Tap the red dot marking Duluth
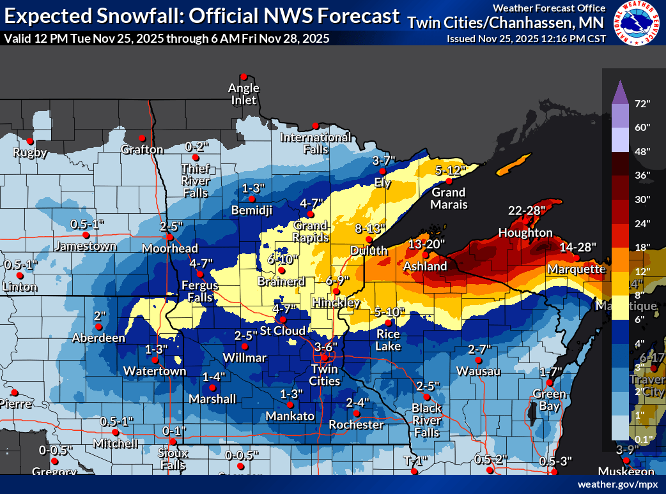(369, 239)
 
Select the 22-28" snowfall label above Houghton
(526, 210)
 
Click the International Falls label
(316, 144)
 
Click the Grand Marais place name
(449, 198)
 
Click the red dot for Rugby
(29, 141)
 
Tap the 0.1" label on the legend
(641, 439)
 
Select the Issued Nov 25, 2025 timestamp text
(525, 39)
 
